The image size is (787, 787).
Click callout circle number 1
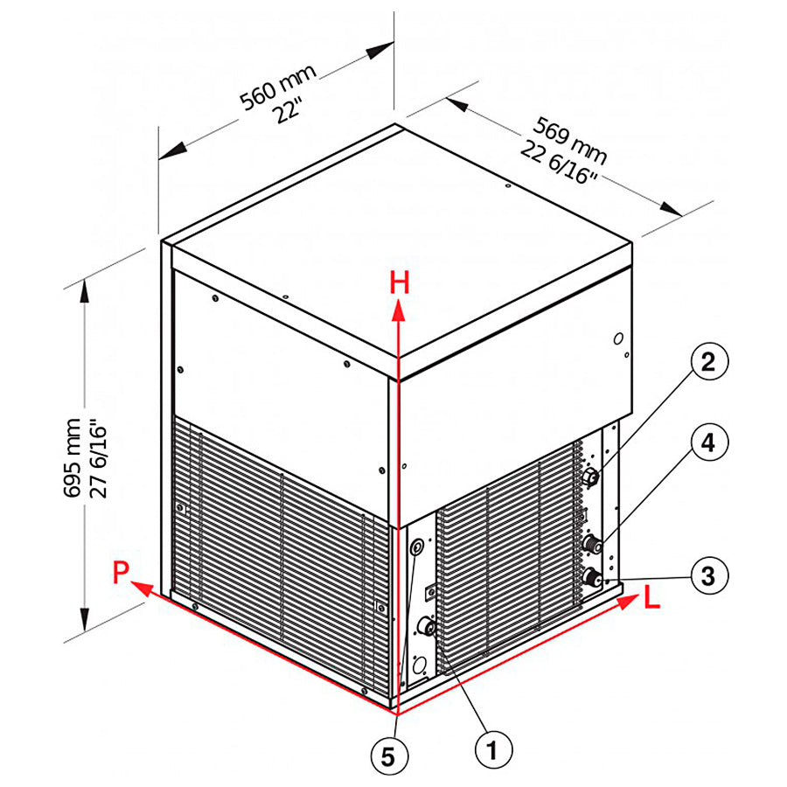pos(492,749)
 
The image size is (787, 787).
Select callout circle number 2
pos(707,360)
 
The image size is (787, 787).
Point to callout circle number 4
pos(707,444)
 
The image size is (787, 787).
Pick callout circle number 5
pos(387,755)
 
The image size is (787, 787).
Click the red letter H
pos(400,282)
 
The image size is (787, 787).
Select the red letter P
pos(122,572)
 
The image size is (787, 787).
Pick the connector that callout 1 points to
pos(428,626)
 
